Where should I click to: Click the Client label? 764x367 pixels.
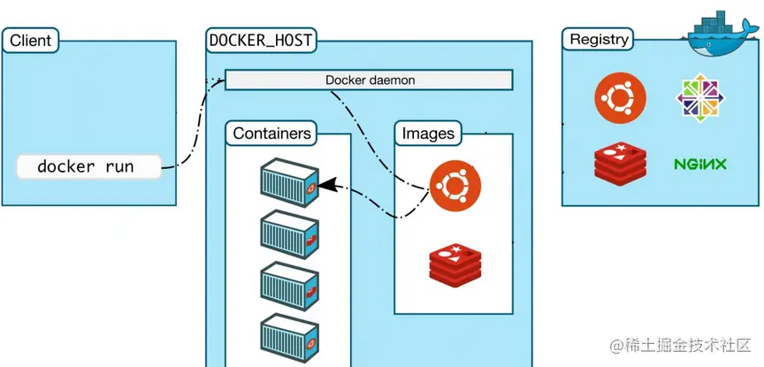tap(31, 41)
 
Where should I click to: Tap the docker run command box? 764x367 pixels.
tap(88, 166)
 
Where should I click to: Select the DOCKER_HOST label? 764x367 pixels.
tap(261, 41)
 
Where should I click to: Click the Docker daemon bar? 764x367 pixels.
tap(370, 80)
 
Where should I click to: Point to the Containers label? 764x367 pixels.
tap(271, 134)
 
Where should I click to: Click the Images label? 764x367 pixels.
tap(428, 134)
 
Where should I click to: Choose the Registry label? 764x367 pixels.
tap(600, 40)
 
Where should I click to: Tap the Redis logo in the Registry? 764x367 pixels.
tap(620, 164)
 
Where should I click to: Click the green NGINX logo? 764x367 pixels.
tap(699, 164)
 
